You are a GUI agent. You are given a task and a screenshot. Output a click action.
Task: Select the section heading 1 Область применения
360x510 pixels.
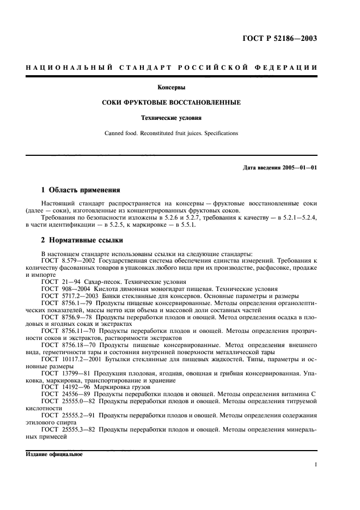pos(80,190)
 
